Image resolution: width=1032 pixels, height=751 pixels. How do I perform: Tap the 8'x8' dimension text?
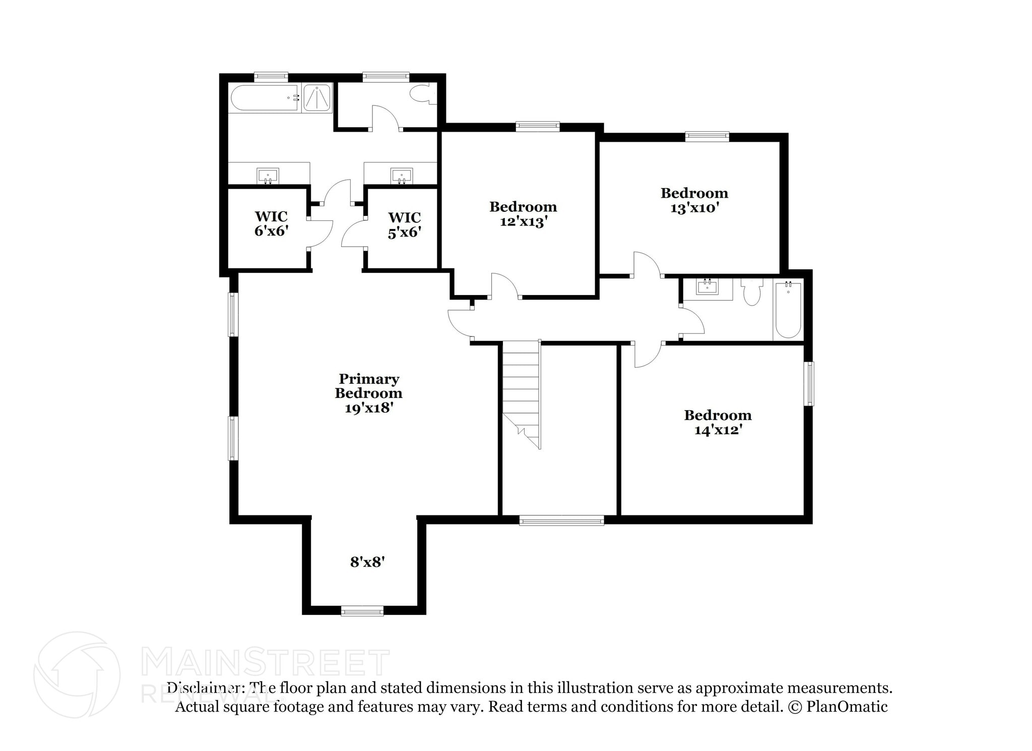(x=367, y=562)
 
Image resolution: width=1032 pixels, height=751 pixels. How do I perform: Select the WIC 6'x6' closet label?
(x=271, y=223)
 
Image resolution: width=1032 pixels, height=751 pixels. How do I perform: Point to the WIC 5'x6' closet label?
(x=404, y=224)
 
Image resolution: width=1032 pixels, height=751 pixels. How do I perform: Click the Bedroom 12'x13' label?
(x=523, y=214)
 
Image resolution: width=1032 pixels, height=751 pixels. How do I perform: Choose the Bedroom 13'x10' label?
(x=694, y=200)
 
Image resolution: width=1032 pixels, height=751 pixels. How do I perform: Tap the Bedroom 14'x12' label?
(x=718, y=422)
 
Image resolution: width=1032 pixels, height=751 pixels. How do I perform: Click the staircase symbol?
(x=522, y=393)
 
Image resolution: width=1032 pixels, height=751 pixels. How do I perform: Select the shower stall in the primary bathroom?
(x=317, y=98)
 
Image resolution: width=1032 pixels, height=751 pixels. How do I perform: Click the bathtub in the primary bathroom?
(x=263, y=98)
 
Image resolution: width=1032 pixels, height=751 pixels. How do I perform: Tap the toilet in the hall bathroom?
(x=752, y=292)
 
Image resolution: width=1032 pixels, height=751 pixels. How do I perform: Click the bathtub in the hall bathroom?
(x=788, y=310)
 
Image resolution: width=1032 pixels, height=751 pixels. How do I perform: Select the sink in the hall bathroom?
(x=707, y=287)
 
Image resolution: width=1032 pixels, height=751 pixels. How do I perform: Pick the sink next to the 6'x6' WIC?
(x=268, y=176)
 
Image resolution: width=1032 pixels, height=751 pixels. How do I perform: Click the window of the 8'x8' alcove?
(x=362, y=611)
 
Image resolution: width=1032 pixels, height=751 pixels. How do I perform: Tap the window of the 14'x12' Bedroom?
(x=808, y=383)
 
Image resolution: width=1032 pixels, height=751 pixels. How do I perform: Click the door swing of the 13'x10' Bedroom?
(x=647, y=265)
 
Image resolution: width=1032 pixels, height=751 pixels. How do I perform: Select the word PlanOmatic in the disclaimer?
(x=847, y=707)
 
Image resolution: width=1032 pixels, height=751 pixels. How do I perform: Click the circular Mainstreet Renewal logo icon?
(x=77, y=674)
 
